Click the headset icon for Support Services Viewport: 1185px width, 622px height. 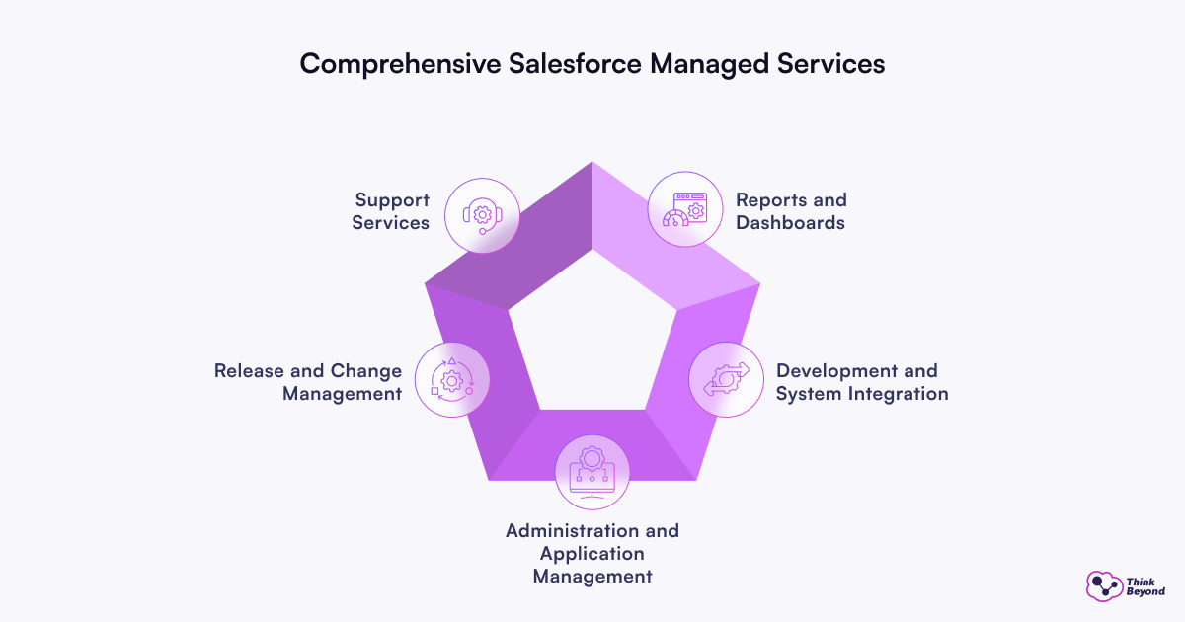point(482,214)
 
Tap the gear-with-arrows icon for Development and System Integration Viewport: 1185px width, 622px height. point(726,380)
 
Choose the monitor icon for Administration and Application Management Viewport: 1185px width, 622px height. point(592,471)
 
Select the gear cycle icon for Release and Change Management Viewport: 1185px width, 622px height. point(452,379)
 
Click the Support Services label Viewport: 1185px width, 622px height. point(391,211)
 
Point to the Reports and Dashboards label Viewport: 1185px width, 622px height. point(791,211)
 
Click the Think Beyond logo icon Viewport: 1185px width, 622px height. point(1104,586)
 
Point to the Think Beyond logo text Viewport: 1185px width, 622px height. point(1145,586)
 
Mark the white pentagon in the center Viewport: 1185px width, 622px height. point(592,331)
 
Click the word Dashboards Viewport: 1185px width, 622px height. point(791,223)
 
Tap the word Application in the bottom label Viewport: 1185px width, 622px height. point(592,553)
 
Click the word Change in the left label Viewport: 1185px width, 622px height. point(364,371)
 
